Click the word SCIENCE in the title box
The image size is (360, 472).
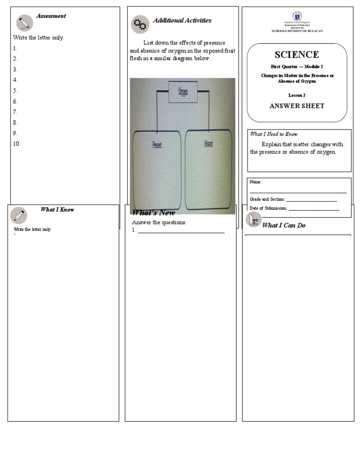click(x=297, y=55)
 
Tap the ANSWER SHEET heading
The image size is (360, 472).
click(x=297, y=106)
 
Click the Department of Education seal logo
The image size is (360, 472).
click(x=297, y=16)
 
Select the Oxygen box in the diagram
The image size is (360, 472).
click(x=182, y=91)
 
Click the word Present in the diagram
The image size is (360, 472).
click(x=157, y=145)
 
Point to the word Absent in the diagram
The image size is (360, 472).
click(x=209, y=144)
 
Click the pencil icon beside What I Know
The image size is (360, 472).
click(x=19, y=215)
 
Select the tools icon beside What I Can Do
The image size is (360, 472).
click(x=254, y=220)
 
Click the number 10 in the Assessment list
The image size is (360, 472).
click(x=17, y=144)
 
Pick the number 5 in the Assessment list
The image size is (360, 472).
click(x=15, y=91)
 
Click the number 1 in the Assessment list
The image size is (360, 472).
click(x=15, y=48)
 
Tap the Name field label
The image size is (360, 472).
click(x=255, y=182)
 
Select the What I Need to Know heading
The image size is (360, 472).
click(x=274, y=134)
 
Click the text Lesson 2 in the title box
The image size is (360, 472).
click(x=297, y=95)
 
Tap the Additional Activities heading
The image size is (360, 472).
click(x=182, y=21)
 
